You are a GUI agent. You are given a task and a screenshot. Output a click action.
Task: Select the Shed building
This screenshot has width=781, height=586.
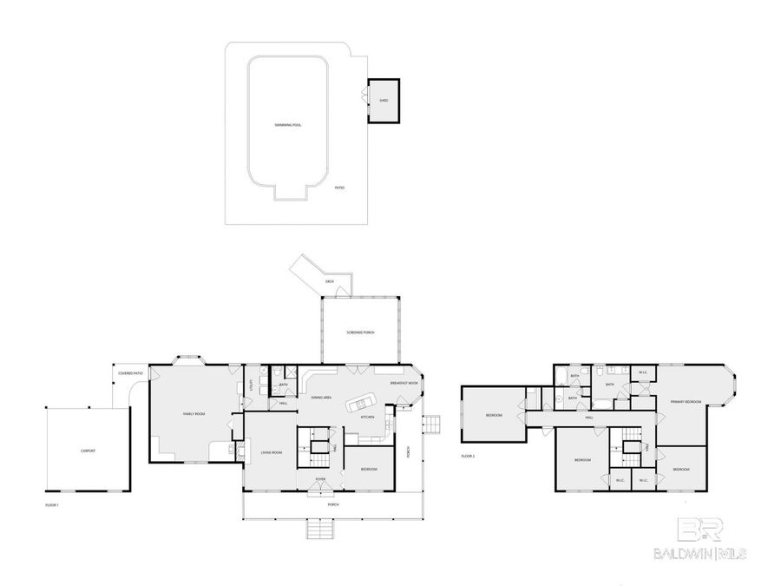(383, 101)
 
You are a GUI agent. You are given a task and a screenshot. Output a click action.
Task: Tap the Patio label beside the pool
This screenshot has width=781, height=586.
(340, 187)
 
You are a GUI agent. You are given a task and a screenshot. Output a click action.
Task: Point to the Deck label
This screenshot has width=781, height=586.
(329, 282)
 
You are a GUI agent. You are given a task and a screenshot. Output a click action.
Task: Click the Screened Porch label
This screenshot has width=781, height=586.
(360, 333)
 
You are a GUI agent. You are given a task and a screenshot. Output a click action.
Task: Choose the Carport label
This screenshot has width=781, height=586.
(88, 451)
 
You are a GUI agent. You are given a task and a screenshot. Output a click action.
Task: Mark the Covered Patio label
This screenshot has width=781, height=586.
(131, 374)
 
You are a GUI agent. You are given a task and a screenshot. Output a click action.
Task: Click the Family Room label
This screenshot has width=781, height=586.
(194, 414)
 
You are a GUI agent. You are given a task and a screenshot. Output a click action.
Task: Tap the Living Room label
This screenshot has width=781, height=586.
(272, 452)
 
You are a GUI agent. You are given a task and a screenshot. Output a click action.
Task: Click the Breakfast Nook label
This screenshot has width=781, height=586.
(404, 383)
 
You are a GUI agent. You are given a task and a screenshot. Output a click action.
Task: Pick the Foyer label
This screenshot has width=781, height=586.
(320, 478)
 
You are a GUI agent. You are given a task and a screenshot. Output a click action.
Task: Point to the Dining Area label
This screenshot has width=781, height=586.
(321, 397)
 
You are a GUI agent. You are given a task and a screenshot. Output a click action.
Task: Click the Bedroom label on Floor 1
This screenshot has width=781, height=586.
(369, 469)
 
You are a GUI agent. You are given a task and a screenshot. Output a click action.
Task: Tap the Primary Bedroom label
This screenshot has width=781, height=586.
(685, 402)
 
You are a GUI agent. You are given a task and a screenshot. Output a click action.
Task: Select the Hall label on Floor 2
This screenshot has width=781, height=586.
(588, 418)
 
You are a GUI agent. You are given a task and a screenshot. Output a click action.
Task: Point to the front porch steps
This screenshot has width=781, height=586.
(319, 528)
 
